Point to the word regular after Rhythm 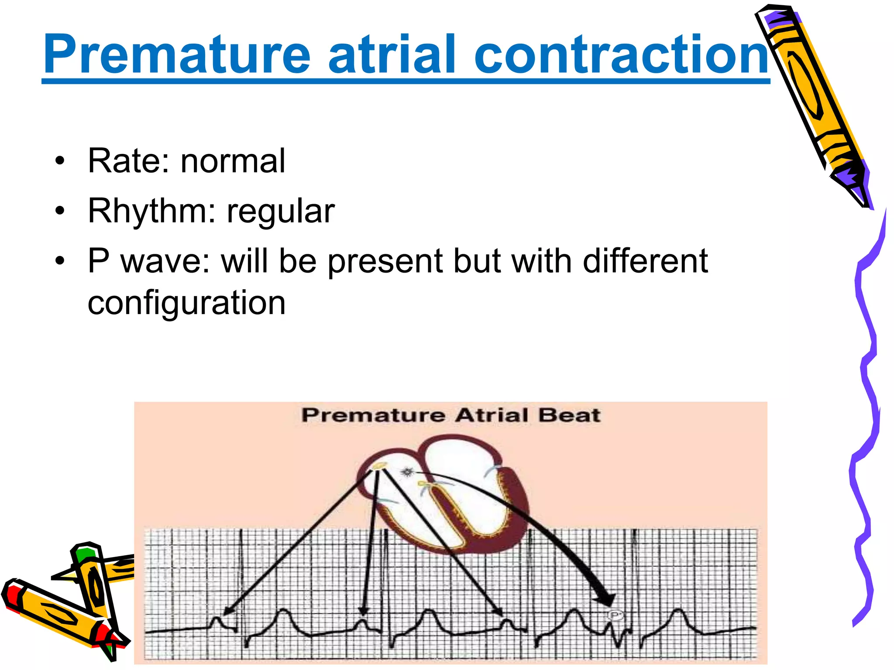pos(280,212)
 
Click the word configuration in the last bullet pos(186,303)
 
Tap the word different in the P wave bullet pos(645,261)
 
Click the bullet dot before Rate pos(60,162)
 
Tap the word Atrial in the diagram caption pos(492,415)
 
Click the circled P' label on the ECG pos(615,615)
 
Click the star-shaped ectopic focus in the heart pos(407,472)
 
